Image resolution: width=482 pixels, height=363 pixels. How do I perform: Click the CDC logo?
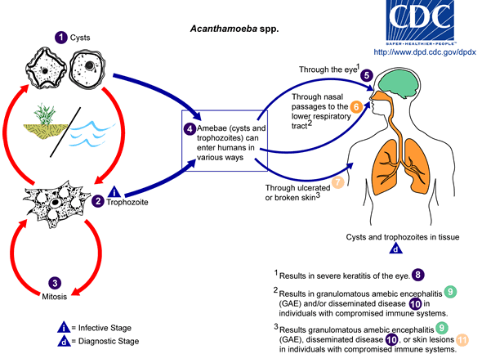pos(420,21)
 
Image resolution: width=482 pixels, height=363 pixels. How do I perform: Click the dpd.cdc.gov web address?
pos(425,52)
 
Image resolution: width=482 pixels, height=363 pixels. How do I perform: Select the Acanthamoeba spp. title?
pos(234,29)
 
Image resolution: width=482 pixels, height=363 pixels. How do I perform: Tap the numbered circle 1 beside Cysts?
pos(61,38)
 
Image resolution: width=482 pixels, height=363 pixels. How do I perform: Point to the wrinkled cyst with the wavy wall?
pos(46,69)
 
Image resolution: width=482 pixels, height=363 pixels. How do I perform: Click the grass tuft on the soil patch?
pos(45,114)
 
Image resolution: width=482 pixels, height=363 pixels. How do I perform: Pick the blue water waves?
pos(91,134)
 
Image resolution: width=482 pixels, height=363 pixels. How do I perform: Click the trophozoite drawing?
pos(56,203)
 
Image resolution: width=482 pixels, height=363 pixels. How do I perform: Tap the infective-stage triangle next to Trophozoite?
pos(114,192)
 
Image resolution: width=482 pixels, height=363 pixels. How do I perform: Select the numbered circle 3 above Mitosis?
pos(55,283)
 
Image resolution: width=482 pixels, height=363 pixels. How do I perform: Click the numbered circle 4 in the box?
pos(190,129)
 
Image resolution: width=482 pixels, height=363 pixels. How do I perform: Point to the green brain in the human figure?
pos(399,83)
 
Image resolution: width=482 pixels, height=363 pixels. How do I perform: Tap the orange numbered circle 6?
pos(356,107)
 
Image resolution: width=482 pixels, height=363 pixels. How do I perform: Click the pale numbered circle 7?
pos(337,182)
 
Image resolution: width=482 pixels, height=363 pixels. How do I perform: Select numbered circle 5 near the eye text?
pos(367,75)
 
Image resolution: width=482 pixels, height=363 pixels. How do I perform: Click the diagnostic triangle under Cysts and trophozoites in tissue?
pos(395,249)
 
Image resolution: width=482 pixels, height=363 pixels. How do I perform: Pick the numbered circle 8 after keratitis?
pos(417,275)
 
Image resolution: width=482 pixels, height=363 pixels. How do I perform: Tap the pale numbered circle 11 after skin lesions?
pos(462,340)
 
